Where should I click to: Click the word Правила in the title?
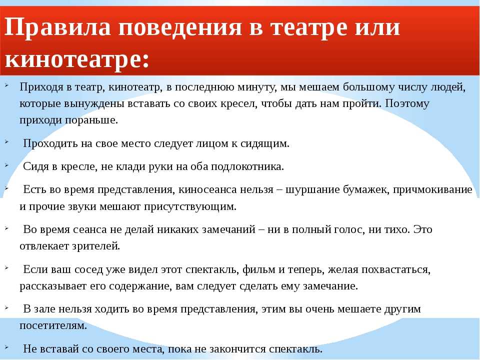point(57,27)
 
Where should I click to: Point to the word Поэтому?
point(407,103)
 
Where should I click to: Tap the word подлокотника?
point(247,166)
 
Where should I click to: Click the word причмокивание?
point(432,190)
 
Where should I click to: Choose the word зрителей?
point(96,246)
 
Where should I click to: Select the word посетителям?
point(53,325)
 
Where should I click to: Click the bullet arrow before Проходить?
point(6,141)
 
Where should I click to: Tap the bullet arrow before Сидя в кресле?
point(6,164)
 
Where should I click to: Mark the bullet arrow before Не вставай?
point(6,347)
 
